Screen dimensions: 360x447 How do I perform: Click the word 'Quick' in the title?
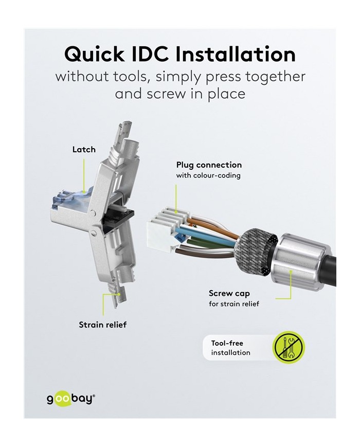click(94, 54)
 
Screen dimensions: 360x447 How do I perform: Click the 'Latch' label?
click(84, 149)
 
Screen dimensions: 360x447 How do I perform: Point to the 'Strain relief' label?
click(103, 325)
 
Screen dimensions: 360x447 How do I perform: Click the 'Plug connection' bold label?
click(209, 165)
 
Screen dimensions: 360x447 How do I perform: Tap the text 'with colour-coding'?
click(208, 175)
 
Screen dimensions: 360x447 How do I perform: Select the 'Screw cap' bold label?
click(229, 294)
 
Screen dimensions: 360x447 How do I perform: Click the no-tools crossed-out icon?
click(290, 347)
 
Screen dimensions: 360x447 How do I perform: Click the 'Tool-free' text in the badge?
click(227, 343)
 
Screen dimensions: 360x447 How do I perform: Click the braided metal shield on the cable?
click(255, 252)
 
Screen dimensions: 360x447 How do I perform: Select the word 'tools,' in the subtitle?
click(131, 77)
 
